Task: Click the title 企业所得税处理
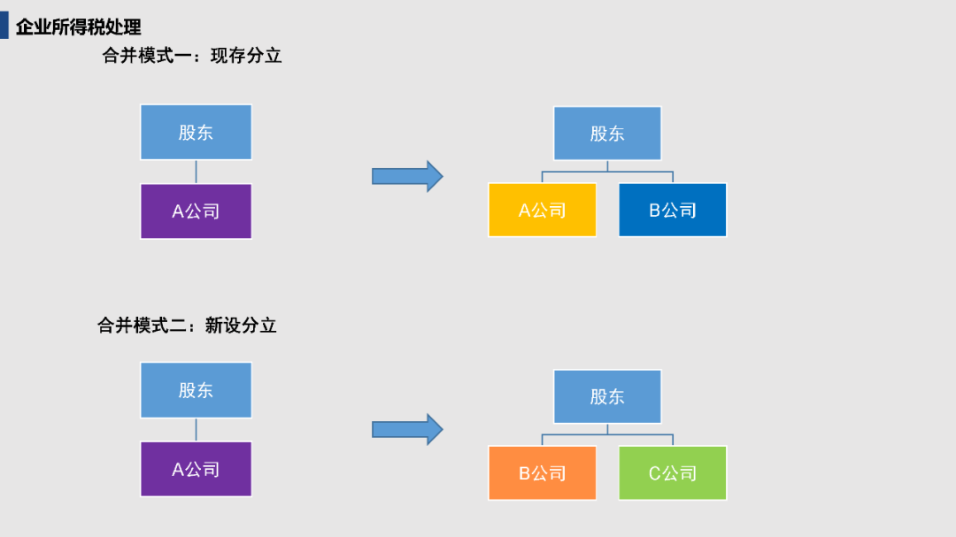click(x=78, y=27)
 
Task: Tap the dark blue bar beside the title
click(x=4, y=26)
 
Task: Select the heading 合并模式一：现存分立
click(x=191, y=56)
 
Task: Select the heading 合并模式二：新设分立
click(x=187, y=326)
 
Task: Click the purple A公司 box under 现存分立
click(x=196, y=211)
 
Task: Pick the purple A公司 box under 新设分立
click(x=196, y=469)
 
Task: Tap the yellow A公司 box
click(x=542, y=210)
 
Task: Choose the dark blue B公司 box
click(x=673, y=210)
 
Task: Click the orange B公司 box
click(x=542, y=473)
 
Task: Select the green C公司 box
click(x=673, y=473)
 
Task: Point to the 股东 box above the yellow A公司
click(x=607, y=134)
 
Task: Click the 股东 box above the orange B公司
click(x=607, y=396)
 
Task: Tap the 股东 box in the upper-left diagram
click(x=196, y=133)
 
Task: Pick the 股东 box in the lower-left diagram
click(x=196, y=390)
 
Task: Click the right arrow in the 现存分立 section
click(x=407, y=176)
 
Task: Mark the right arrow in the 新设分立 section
click(x=407, y=429)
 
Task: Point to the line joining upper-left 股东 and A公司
click(x=196, y=172)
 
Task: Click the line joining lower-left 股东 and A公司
click(x=196, y=430)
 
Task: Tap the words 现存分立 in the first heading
click(x=246, y=56)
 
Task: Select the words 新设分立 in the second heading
click(x=241, y=326)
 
